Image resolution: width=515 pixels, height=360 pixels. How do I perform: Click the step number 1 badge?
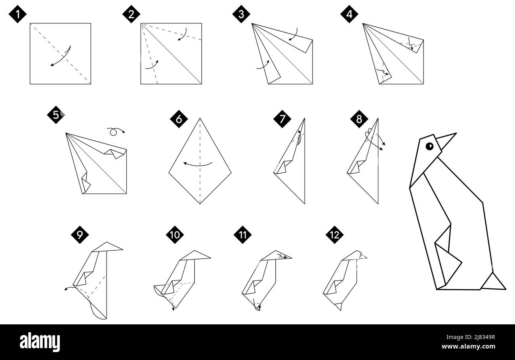(x=17, y=15)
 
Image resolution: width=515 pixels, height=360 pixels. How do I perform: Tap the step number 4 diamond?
(x=349, y=15)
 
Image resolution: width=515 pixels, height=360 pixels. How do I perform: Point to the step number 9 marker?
(x=80, y=235)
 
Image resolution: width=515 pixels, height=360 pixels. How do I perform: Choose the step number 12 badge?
(x=334, y=235)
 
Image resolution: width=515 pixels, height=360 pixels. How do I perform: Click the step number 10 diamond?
(x=175, y=235)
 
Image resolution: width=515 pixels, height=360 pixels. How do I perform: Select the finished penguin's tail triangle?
(x=493, y=282)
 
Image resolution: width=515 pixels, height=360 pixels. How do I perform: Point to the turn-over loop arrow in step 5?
(x=115, y=131)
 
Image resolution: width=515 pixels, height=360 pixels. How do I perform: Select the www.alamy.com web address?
(x=468, y=347)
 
